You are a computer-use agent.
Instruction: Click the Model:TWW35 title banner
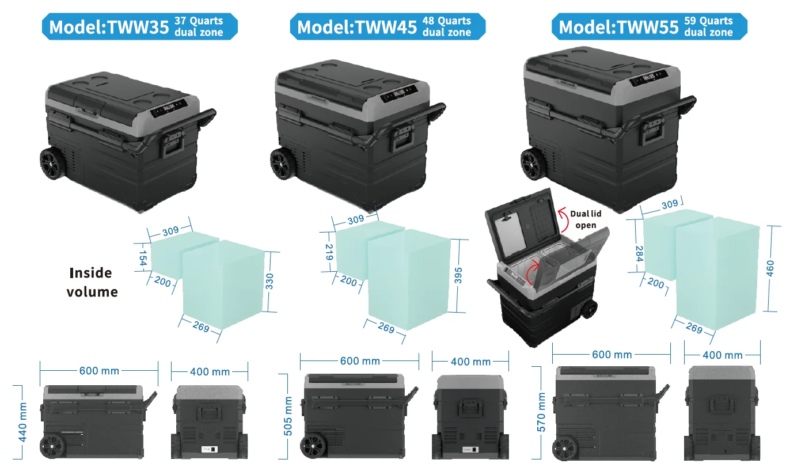139,26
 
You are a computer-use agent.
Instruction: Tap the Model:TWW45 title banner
388,26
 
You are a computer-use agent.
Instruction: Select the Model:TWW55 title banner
649,26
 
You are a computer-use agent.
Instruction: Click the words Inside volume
92,282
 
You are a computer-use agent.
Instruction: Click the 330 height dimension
269,281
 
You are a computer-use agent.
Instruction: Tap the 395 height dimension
458,276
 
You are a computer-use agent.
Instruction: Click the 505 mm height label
288,416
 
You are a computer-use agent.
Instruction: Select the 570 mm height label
541,412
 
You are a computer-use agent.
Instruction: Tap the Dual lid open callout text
586,219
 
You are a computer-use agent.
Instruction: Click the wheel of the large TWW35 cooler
54,164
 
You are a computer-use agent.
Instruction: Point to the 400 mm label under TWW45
471,362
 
